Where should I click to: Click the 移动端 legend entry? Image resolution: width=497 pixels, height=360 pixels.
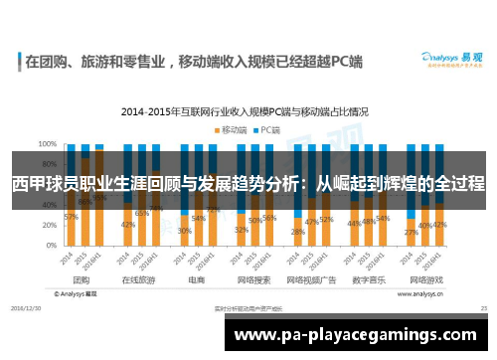pyautogui.click(x=232, y=129)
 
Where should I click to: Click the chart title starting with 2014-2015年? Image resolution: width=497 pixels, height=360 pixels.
pyautogui.click(x=248, y=111)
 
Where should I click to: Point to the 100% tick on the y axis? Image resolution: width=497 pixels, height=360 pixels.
pyautogui.click(x=47, y=143)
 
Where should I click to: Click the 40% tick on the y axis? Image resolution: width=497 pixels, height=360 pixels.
pyautogui.click(x=48, y=207)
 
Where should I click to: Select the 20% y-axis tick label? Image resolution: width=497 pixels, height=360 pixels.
pyautogui.click(x=48, y=228)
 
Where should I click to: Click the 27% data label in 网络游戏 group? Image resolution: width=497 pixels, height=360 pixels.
pyautogui.click(x=411, y=232)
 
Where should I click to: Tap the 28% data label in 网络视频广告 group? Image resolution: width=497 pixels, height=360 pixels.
pyautogui.click(x=297, y=231)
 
